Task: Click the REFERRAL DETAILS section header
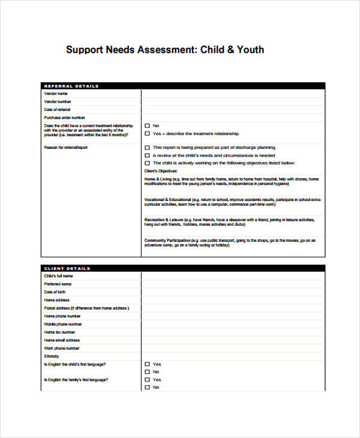coord(71,86)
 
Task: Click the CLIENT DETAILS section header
coord(67,268)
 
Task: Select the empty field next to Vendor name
coord(233,94)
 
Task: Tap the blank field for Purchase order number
coord(233,118)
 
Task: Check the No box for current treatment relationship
coord(148,126)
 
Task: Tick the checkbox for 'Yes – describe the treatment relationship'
coord(148,134)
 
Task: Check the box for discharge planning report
coord(148,148)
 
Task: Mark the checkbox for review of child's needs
coord(148,155)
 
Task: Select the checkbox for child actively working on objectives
coord(148,163)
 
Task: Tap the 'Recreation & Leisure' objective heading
coord(164,220)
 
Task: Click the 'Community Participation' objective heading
coord(167,241)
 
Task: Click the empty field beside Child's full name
coord(233,276)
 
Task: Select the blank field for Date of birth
coord(233,292)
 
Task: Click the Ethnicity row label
coord(52,356)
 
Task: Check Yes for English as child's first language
coord(148,364)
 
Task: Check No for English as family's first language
coord(148,388)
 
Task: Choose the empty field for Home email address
coord(233,340)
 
